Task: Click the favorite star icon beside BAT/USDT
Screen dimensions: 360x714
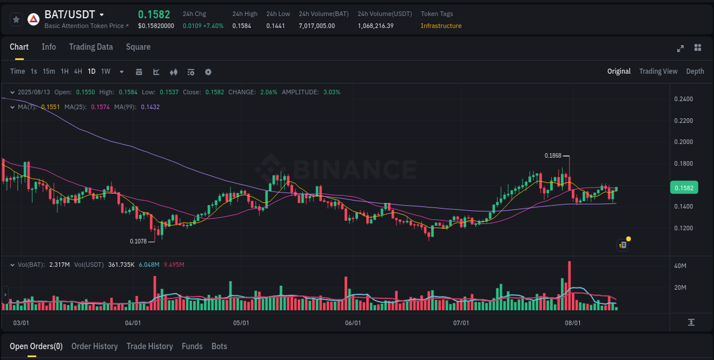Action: (x=16, y=19)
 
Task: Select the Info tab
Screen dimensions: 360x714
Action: (x=49, y=47)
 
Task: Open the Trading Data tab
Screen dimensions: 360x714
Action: (x=91, y=47)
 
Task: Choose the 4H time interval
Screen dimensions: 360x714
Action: (x=78, y=71)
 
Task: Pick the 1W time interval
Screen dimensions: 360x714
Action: (x=106, y=71)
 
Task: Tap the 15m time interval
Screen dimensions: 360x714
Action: (x=49, y=71)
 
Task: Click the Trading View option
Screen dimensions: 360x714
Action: (x=658, y=71)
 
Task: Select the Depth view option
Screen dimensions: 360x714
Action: (x=695, y=71)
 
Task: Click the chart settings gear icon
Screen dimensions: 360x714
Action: (x=208, y=72)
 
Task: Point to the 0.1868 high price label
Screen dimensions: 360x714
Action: (x=553, y=155)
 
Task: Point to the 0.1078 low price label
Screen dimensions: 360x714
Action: (x=138, y=241)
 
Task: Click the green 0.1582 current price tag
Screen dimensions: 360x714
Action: (x=684, y=188)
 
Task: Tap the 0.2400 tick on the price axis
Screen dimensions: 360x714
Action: (x=683, y=99)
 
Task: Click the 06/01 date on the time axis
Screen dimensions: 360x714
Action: (x=353, y=323)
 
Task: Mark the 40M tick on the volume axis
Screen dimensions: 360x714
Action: (x=680, y=266)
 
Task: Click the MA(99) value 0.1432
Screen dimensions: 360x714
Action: (x=150, y=107)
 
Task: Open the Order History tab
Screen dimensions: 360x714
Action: (x=94, y=346)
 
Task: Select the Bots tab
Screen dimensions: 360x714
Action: (x=219, y=346)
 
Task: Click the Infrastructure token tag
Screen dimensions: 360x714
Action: (x=441, y=26)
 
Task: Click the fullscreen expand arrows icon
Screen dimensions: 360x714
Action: (x=680, y=48)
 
